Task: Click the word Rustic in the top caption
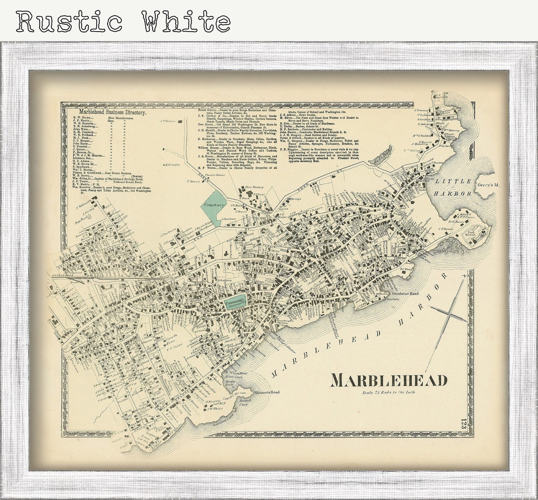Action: click(69, 22)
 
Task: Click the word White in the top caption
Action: click(185, 22)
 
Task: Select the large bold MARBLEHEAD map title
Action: click(388, 380)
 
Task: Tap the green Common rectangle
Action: click(235, 301)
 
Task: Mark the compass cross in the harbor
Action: click(448, 314)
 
